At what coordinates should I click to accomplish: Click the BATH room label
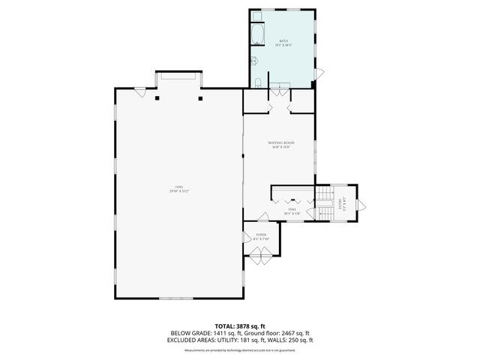point(284,40)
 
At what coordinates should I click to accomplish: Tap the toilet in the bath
point(257,82)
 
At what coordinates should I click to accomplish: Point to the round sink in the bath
point(253,61)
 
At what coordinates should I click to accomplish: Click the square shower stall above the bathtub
point(256,16)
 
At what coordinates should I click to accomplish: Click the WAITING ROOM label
point(281,142)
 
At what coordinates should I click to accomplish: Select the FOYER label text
point(261,235)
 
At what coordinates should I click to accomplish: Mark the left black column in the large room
point(157,97)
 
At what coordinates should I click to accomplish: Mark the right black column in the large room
point(200,97)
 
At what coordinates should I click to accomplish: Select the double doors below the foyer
point(262,259)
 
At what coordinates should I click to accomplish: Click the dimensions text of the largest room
point(178,191)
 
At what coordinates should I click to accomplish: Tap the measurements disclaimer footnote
point(239,349)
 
